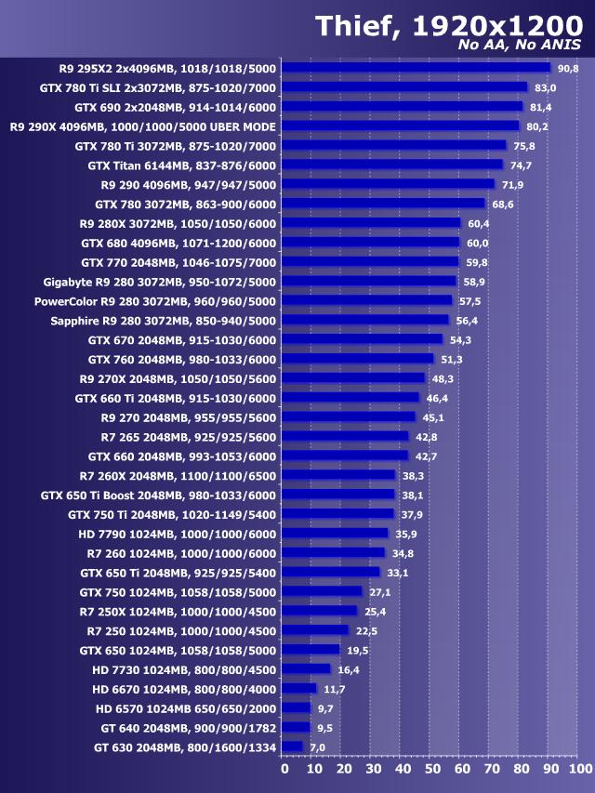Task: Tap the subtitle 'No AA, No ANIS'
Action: click(x=520, y=46)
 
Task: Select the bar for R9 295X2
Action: click(x=416, y=68)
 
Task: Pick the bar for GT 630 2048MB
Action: click(x=292, y=747)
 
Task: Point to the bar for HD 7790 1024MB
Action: click(x=335, y=534)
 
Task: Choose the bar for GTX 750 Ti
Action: click(x=337, y=514)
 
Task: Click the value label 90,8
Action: click(x=568, y=68)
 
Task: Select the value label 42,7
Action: click(x=426, y=456)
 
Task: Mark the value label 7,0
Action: click(x=318, y=747)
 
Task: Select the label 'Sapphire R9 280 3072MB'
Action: click(x=164, y=321)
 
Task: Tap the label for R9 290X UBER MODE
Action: click(x=143, y=126)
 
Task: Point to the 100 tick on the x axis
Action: click(x=578, y=769)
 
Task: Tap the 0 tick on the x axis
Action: click(x=285, y=769)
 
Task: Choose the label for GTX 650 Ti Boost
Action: click(x=158, y=495)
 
